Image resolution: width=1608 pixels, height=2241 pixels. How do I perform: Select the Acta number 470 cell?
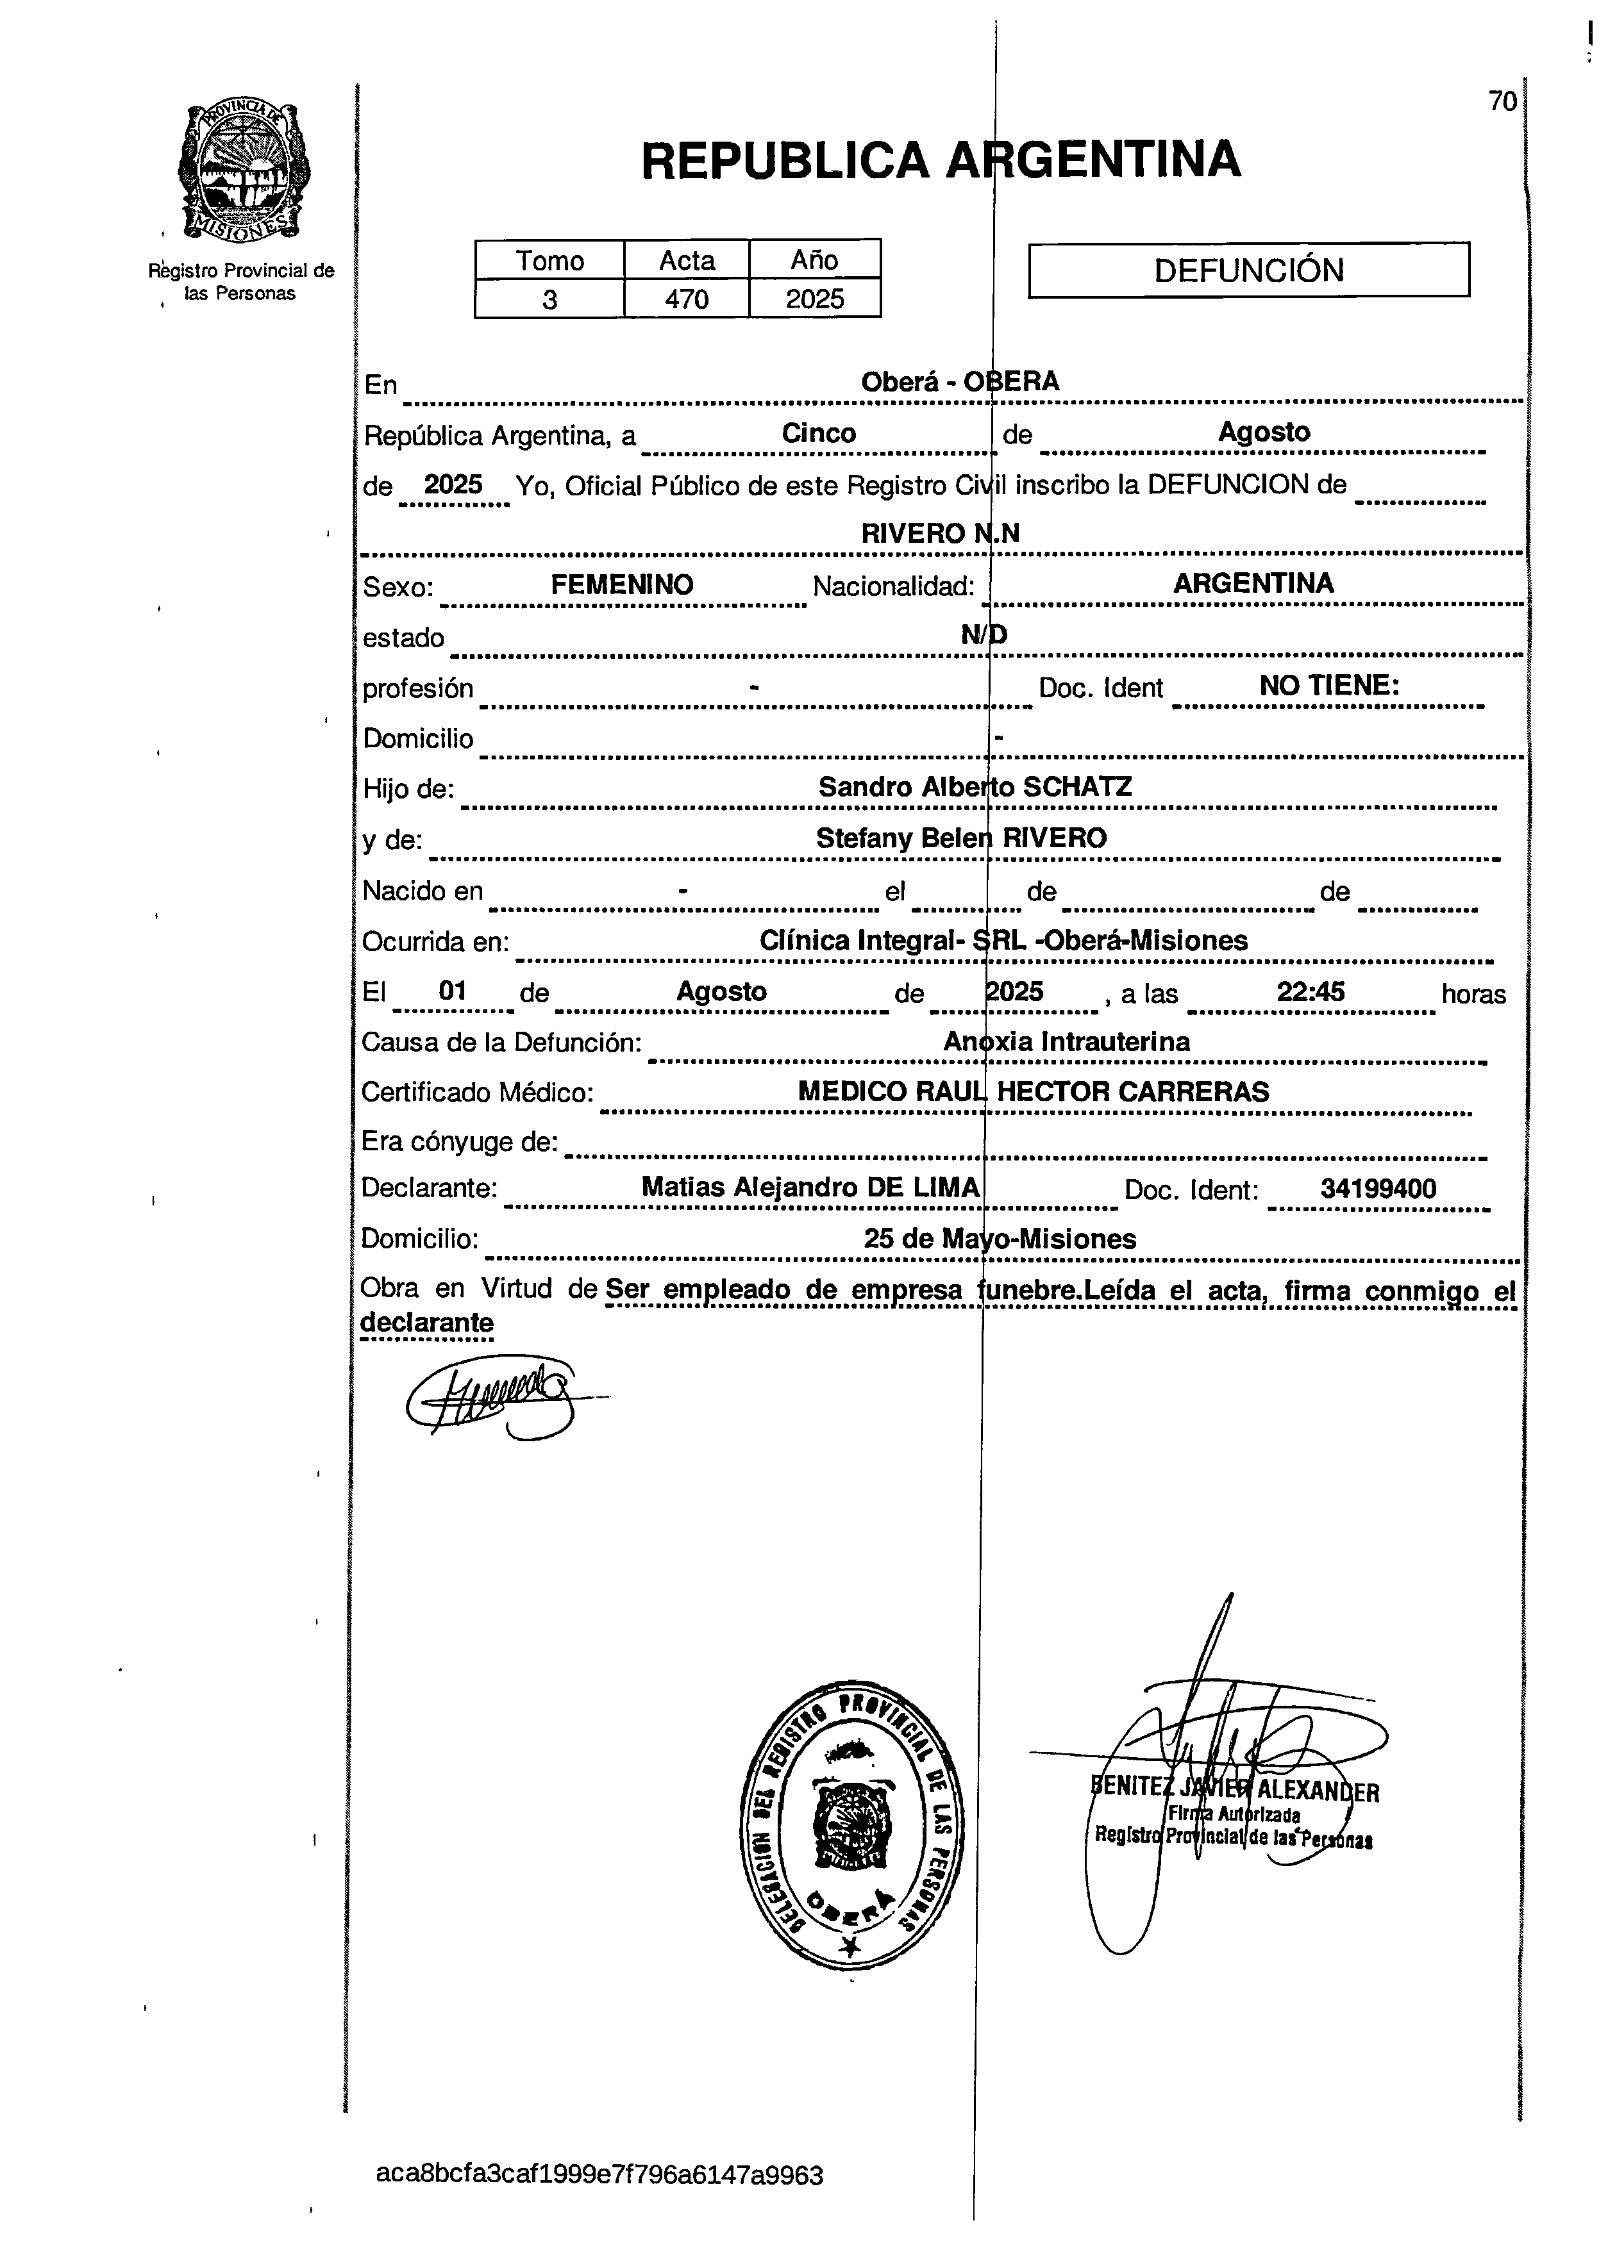point(686,299)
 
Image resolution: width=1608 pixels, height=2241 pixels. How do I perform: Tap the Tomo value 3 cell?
point(549,299)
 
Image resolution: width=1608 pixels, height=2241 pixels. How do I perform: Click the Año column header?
point(814,260)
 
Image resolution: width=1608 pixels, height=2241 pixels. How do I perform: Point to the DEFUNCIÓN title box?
point(1248,270)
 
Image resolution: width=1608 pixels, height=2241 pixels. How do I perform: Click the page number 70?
point(1502,102)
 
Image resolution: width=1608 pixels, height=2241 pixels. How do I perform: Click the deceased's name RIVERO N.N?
point(940,534)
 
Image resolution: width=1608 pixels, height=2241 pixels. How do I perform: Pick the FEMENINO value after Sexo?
point(622,584)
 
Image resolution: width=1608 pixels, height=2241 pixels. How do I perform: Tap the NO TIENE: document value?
point(1328,686)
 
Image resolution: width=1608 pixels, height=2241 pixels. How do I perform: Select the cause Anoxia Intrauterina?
point(1066,1041)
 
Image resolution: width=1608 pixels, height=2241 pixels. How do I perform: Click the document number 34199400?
point(1378,1189)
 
